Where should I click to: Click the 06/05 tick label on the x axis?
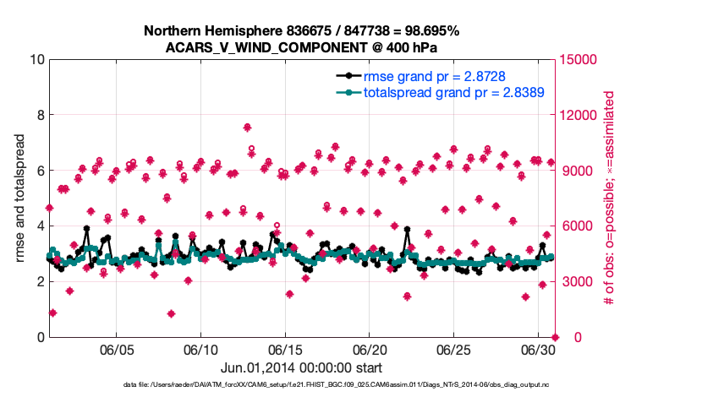(x=117, y=349)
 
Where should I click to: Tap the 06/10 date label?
(x=201, y=349)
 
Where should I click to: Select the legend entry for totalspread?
(x=453, y=92)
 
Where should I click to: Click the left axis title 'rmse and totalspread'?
(x=19, y=198)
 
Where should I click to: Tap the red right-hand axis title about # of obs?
(x=607, y=198)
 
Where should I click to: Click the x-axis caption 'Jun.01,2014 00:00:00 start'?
(x=301, y=367)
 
